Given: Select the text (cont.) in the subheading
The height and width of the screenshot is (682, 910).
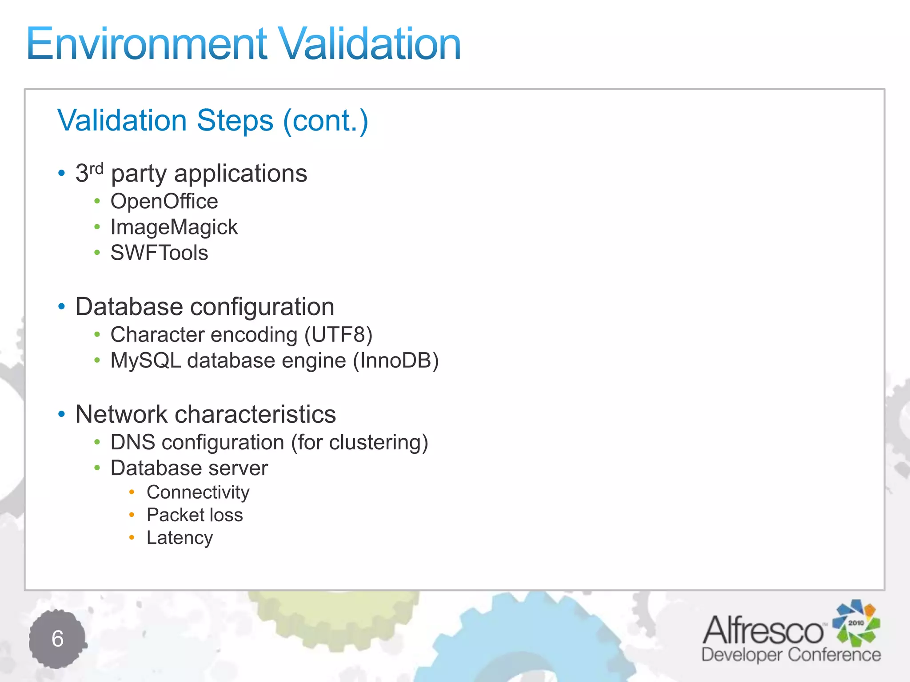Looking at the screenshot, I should (x=326, y=121).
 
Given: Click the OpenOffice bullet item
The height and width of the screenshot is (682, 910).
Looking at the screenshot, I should (x=164, y=202).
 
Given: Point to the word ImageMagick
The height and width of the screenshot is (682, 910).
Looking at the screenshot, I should (x=174, y=227).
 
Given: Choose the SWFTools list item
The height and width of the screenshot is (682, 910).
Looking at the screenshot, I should (x=159, y=253).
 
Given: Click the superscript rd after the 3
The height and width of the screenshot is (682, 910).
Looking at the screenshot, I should (x=96, y=169).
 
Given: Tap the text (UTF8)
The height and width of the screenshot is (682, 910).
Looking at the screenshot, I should (x=338, y=335).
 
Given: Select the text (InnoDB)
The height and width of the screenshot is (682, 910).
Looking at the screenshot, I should (x=395, y=361).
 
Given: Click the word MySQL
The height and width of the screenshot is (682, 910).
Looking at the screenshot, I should (x=146, y=361).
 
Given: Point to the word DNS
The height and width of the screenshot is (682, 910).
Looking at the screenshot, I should (x=132, y=443).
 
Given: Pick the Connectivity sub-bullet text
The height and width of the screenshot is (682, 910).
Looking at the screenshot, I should (x=198, y=492).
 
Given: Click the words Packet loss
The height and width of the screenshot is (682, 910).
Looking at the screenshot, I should (x=195, y=515).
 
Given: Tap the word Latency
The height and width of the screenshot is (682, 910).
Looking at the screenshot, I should (x=180, y=538).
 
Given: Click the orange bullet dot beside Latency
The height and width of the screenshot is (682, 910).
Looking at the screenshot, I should (x=132, y=538).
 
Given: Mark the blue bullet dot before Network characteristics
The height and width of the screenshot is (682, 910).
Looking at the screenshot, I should (x=62, y=414).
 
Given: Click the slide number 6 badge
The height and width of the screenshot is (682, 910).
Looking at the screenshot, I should (x=57, y=639).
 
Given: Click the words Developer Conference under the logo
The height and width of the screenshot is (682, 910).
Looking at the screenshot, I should (x=791, y=655).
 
